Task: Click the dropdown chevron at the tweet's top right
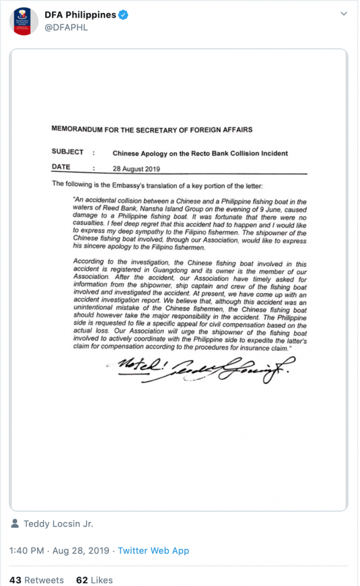(343, 13)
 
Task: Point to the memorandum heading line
(152, 129)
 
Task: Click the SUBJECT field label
(68, 152)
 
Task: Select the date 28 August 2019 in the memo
(136, 169)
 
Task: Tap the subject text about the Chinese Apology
(200, 153)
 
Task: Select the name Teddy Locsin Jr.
(58, 524)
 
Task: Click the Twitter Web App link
(153, 551)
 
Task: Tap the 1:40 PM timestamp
(27, 551)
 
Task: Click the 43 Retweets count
(37, 580)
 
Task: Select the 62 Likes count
(94, 580)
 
